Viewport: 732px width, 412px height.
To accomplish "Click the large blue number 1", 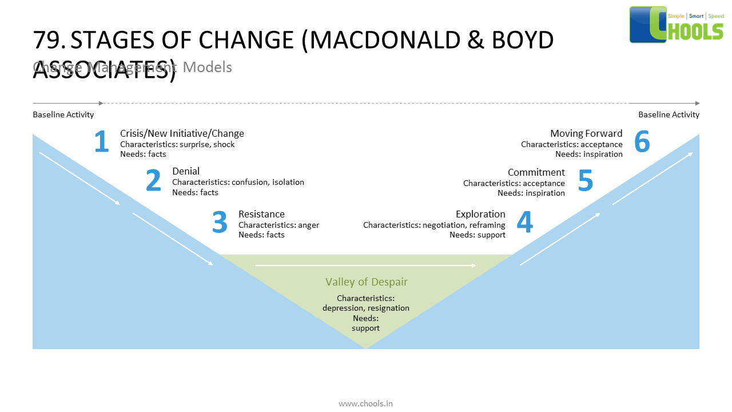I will coord(101,142).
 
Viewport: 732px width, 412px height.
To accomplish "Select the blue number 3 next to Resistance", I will coord(220,223).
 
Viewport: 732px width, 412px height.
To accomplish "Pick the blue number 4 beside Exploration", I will coord(524,223).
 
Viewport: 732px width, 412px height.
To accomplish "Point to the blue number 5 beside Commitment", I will coord(585,180).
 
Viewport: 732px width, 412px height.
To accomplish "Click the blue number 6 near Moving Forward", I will coord(642,142).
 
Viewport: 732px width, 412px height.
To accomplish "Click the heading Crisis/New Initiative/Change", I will coord(182,133).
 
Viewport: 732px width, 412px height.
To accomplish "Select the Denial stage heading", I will coord(186,171).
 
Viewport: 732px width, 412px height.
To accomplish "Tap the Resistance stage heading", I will coord(261,214).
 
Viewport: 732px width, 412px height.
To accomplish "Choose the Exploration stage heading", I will coord(480,214).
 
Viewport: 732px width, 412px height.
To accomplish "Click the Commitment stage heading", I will coord(536,172).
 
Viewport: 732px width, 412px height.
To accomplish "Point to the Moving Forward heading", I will coord(586,133).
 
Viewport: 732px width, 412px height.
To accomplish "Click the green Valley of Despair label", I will coord(366,282).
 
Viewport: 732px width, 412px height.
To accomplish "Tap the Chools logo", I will coord(677,25).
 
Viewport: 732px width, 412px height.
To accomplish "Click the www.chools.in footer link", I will coord(365,403).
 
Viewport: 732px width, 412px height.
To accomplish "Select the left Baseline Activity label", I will coord(63,114).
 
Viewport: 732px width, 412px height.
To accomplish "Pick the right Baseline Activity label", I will coord(669,114).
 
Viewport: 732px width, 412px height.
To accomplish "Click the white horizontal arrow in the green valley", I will coord(365,266).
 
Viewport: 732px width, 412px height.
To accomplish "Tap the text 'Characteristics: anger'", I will coord(279,225).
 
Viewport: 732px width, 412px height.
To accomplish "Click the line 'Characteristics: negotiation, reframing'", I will coord(434,225).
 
